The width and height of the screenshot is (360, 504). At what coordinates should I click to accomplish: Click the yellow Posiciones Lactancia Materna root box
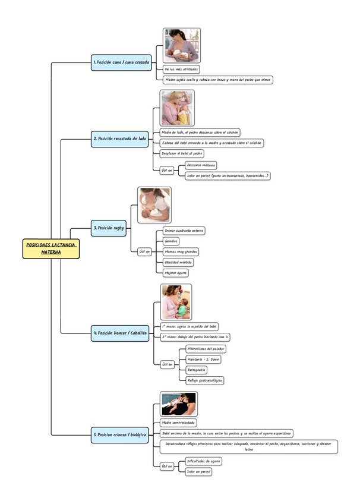click(51, 248)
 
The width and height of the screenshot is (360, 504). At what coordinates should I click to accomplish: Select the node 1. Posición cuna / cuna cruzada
click(122, 61)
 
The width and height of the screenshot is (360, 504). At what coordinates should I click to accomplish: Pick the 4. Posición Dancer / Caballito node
click(119, 333)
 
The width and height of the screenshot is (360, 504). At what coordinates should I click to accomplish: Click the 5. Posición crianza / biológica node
click(119, 435)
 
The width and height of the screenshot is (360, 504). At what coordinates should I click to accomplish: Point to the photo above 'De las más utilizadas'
click(182, 45)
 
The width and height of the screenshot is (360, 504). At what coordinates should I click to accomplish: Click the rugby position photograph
click(154, 205)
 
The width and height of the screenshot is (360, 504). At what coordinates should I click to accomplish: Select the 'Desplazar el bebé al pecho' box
click(182, 153)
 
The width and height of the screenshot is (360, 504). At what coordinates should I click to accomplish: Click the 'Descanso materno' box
click(201, 165)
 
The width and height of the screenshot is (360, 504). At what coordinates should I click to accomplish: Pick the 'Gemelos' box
click(171, 241)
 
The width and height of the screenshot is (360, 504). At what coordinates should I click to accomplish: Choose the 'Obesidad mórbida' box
click(178, 262)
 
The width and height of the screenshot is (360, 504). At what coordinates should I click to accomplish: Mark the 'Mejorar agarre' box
click(176, 273)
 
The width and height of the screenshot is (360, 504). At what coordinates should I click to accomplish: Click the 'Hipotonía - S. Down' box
click(203, 360)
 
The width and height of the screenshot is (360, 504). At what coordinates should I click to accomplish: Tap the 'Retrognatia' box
click(197, 370)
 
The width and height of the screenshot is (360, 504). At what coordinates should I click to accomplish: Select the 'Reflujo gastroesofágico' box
click(205, 380)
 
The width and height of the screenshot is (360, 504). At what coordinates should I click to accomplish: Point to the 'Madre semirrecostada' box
click(179, 423)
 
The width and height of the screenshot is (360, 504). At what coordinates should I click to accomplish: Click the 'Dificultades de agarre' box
click(204, 461)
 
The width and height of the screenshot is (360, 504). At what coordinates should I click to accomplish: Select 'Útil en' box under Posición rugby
click(145, 252)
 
